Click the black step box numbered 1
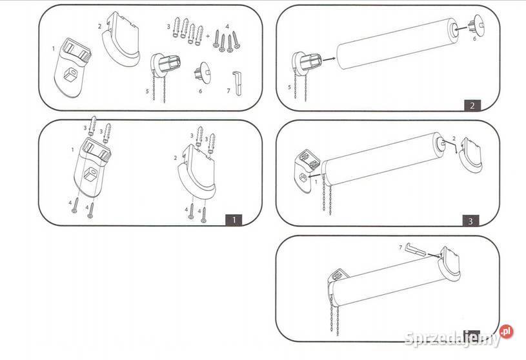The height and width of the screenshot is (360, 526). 234,220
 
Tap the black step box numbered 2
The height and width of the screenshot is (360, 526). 472,105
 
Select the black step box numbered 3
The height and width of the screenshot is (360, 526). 470,221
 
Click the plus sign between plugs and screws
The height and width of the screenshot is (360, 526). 208,35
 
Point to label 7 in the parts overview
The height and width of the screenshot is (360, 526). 228,91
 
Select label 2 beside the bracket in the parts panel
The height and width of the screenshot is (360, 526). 99,26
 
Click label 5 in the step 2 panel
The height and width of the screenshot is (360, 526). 289,88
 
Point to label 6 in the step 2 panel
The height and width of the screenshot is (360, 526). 474,39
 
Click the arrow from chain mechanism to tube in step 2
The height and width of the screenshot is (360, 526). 329,59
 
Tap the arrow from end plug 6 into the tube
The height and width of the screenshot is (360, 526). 461,29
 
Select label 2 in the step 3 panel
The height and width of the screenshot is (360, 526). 454,139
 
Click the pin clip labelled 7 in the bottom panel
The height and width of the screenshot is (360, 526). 416,250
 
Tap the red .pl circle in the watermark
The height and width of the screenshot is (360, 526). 506,332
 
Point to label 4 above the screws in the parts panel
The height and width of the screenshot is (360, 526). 227,26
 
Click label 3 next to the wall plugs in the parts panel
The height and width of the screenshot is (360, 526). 168,26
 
